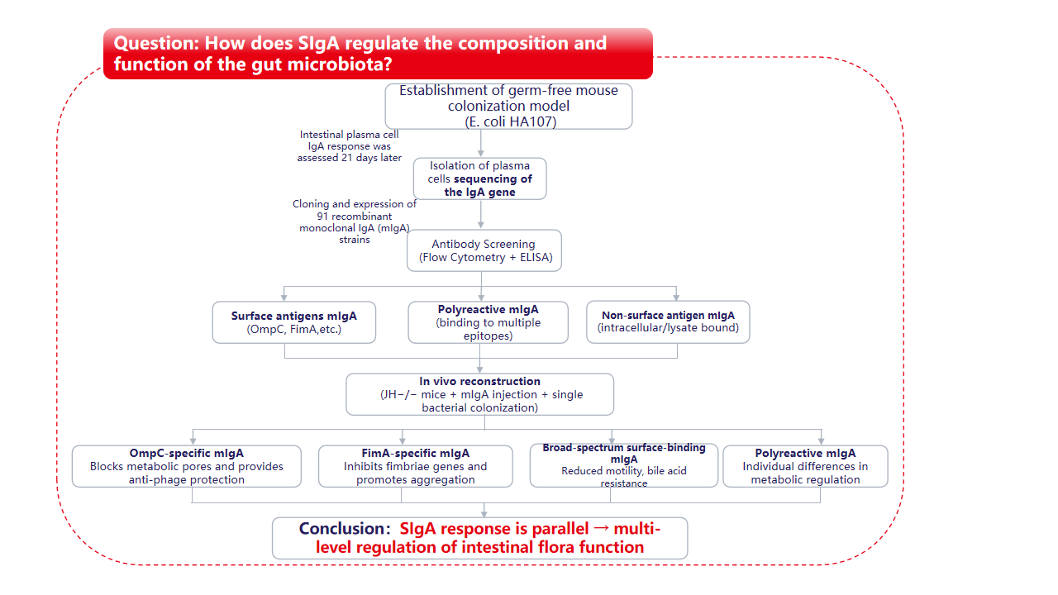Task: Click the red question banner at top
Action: [x=378, y=54]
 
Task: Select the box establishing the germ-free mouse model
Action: [x=508, y=105]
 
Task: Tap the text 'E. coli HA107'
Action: [x=508, y=121]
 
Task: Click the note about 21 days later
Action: [x=350, y=146]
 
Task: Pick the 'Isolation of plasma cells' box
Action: [x=479, y=178]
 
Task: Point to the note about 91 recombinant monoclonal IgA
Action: [x=355, y=221]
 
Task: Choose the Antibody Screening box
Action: [x=484, y=250]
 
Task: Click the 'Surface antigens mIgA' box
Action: [x=293, y=322]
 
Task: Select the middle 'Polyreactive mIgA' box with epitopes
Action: [x=488, y=322]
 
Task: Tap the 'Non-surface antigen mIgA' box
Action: [x=668, y=321]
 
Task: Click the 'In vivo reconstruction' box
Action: [x=479, y=394]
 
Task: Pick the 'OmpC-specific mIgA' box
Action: [x=186, y=466]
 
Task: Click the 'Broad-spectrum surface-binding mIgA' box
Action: [x=623, y=465]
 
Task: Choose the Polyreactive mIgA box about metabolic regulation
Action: [x=805, y=466]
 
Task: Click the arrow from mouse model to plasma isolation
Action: [x=480, y=143]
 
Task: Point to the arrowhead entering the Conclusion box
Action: [x=484, y=513]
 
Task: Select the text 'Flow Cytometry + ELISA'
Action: [x=484, y=257]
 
